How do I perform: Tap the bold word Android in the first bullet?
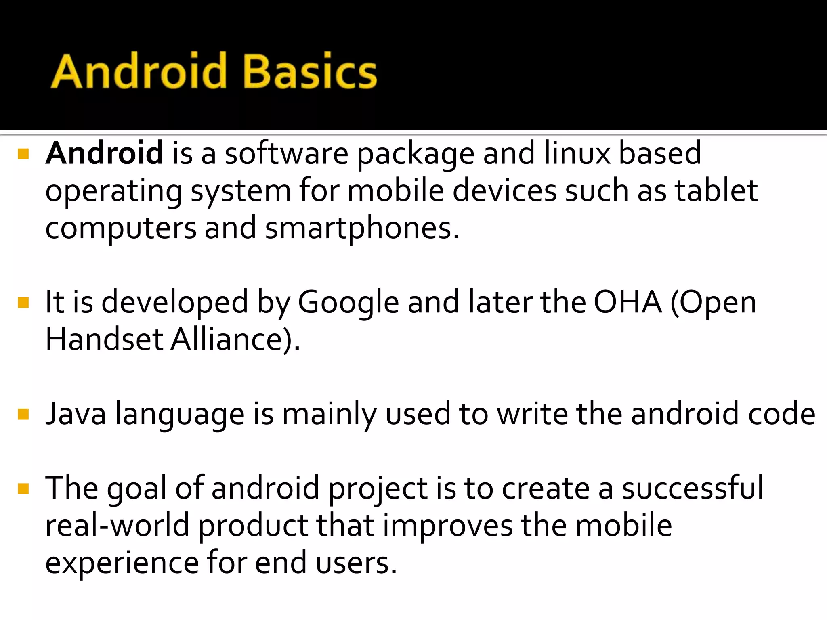click(104, 153)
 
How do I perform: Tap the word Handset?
click(104, 339)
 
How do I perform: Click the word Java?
click(76, 414)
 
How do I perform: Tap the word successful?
click(692, 488)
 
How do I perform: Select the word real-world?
click(117, 526)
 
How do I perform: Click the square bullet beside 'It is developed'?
click(23, 303)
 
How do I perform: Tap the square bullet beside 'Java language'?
click(23, 415)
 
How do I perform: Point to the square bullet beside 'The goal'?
click(23, 489)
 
